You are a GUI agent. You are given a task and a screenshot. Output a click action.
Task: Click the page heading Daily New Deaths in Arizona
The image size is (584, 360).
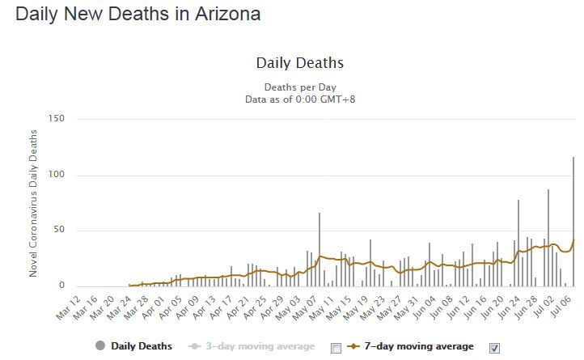[x=138, y=15]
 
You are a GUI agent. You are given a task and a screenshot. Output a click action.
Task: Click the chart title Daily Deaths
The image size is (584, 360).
[x=300, y=63]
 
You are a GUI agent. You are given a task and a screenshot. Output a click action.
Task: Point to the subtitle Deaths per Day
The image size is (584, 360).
[x=300, y=87]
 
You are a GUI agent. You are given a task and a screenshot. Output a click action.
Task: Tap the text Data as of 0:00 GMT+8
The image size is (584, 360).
[x=300, y=100]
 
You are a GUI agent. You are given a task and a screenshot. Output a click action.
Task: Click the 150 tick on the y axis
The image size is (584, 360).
[x=57, y=118]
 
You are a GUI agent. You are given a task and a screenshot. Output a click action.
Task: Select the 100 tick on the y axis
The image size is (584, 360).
[x=57, y=175]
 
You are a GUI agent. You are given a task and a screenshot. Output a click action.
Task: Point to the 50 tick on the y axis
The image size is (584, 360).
[x=59, y=230]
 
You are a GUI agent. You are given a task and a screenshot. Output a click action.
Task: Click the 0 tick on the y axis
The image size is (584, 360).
[x=61, y=286]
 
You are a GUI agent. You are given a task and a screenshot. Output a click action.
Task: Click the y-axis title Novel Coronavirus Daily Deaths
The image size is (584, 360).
[x=33, y=204]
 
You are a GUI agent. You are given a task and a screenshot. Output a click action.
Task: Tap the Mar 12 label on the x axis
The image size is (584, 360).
[x=69, y=308]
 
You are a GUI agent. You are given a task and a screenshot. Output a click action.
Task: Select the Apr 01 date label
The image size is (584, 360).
[x=154, y=308]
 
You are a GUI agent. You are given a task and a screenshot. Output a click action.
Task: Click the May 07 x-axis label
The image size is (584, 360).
[x=306, y=308]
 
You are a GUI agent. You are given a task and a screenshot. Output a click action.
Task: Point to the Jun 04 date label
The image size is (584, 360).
[x=424, y=308]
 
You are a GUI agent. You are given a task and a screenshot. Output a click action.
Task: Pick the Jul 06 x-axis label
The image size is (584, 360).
[x=560, y=307]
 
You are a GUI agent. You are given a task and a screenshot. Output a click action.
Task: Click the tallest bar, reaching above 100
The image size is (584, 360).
[x=573, y=222]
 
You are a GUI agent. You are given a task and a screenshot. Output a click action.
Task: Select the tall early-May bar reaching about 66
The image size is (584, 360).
[x=320, y=250]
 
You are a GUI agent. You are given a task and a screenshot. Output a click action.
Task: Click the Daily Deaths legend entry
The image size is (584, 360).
[x=133, y=346]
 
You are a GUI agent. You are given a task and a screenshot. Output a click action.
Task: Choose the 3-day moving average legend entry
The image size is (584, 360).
[x=252, y=346]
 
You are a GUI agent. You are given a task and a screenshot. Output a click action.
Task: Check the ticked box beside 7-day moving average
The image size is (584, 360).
[x=494, y=348]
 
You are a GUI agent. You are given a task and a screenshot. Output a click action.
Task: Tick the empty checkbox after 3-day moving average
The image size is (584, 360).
[x=336, y=348]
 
